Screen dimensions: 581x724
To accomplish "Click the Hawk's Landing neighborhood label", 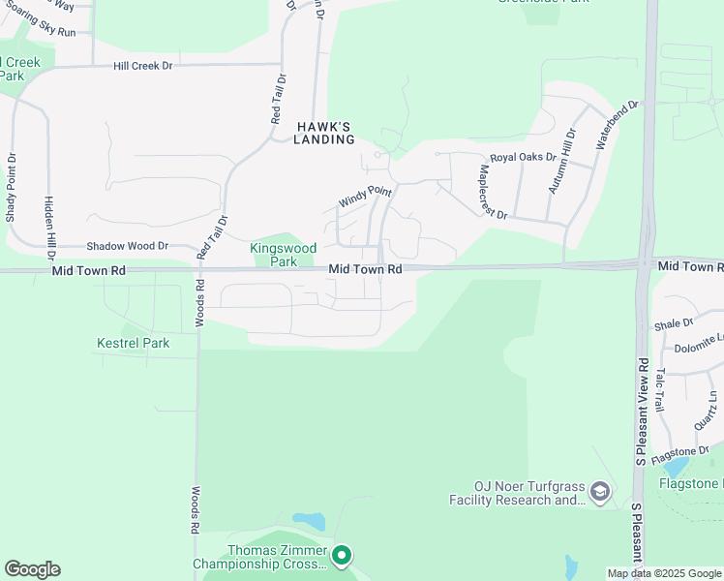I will [323, 133].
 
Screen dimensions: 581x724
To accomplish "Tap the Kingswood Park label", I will [284, 255].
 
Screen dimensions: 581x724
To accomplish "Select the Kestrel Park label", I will [134, 343].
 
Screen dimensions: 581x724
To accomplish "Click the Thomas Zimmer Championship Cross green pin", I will [341, 556].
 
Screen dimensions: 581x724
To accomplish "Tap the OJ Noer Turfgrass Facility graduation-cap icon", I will [600, 493].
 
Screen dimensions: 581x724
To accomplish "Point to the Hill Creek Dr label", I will [142, 66].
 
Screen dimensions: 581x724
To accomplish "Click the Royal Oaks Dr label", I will [523, 157].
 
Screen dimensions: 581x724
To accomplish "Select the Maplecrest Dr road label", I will [493, 191].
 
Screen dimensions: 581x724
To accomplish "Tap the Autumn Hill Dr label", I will [560, 161].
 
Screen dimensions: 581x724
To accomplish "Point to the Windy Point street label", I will [364, 197].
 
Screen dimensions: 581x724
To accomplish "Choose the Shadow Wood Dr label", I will [128, 247].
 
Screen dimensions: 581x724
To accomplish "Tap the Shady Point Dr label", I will [12, 188].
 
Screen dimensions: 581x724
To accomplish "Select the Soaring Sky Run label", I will [40, 32].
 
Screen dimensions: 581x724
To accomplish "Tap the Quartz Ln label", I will [707, 411].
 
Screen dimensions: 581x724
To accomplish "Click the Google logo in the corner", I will [32, 569].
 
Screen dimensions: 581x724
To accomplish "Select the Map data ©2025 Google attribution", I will [664, 573].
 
